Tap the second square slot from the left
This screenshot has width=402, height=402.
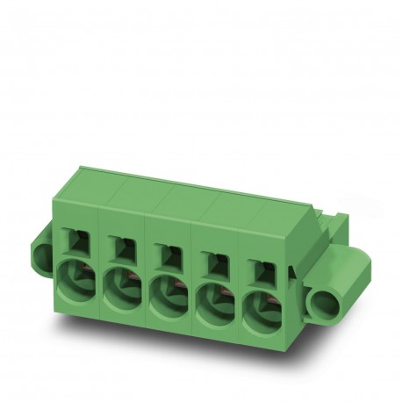(x=121, y=248)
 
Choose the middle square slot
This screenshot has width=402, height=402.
(x=167, y=253)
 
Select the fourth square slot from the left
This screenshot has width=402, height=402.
(x=212, y=257)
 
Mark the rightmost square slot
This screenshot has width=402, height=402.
(x=255, y=262)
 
